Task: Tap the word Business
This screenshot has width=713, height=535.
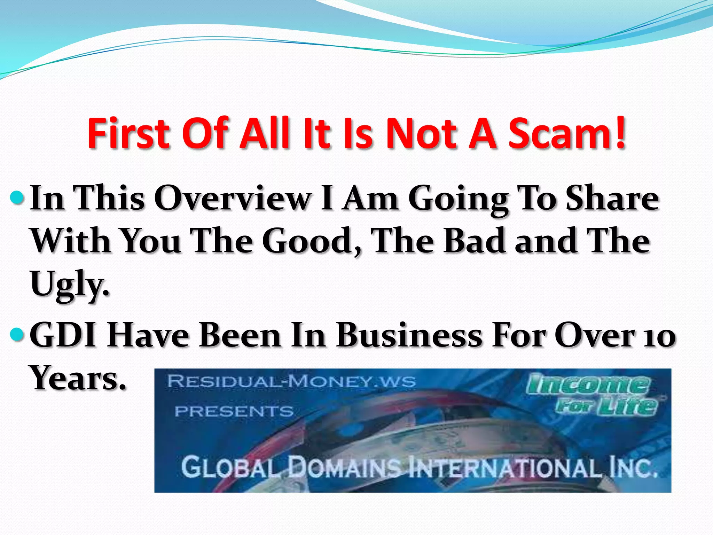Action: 409,335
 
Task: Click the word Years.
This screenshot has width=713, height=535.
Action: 78,378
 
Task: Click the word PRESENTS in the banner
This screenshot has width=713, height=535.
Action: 234,412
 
